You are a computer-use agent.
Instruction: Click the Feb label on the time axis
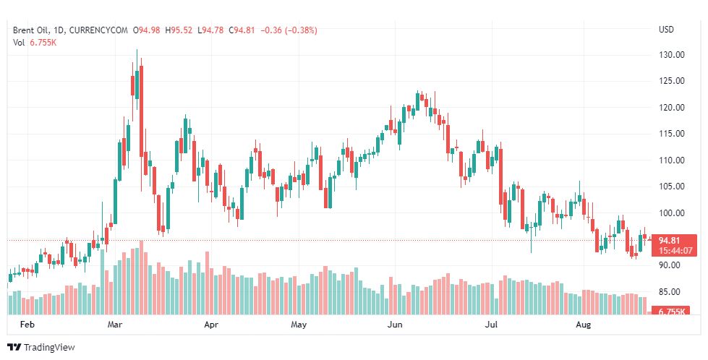(x=27, y=325)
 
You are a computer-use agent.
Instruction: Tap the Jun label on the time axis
(x=395, y=325)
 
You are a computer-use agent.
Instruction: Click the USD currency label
(x=666, y=30)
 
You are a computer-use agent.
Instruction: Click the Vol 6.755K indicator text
(x=35, y=42)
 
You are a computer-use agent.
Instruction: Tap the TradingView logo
(x=41, y=348)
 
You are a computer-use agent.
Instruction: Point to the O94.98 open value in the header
(x=148, y=30)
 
